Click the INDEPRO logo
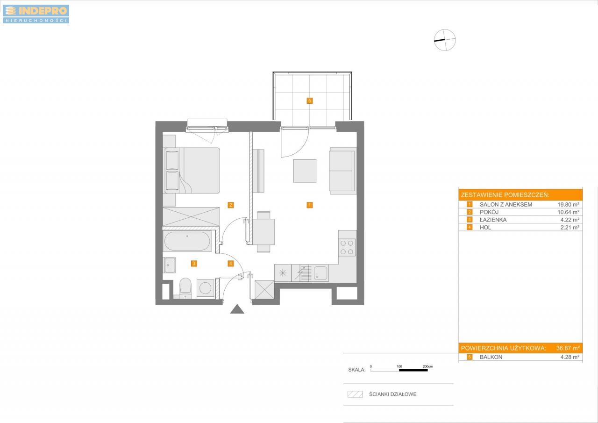point(36,14)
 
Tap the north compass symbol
point(445,40)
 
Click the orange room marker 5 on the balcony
point(310,100)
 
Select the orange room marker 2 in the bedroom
point(231,205)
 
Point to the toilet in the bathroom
point(185,288)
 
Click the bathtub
point(187,241)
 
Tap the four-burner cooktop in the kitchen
point(347,247)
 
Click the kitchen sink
point(320,273)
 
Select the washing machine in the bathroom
point(205,288)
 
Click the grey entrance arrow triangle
point(237,309)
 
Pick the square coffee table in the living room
point(305,171)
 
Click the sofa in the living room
point(342,171)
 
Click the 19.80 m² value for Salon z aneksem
point(569,205)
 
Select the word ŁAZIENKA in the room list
point(493,220)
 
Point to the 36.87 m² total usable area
point(568,348)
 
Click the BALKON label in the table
point(491,357)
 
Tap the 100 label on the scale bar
point(399,366)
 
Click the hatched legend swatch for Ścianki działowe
point(355,394)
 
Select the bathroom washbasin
point(169,265)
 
